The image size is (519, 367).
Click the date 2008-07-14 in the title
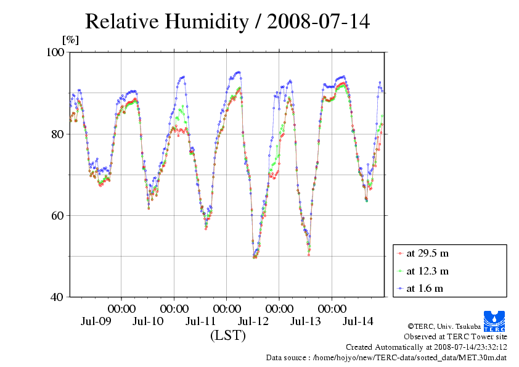(318, 22)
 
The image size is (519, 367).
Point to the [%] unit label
(71, 40)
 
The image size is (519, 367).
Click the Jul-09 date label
(96, 321)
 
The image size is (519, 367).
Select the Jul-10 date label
(148, 321)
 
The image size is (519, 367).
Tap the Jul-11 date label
(200, 321)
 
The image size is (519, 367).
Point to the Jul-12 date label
(253, 321)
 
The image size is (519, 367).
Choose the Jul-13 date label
(305, 321)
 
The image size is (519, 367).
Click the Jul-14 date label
(358, 321)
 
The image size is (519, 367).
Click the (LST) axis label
(227, 336)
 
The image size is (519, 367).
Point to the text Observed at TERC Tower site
(456, 337)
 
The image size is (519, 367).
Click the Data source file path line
(386, 357)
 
